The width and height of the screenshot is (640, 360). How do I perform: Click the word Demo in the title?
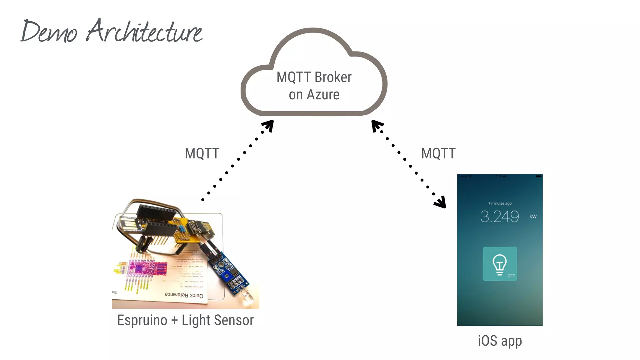pos(48,32)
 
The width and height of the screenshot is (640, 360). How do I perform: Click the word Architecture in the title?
pos(144,31)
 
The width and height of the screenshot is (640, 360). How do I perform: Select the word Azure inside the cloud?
pos(323,95)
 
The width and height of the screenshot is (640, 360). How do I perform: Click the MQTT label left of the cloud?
pos(202,153)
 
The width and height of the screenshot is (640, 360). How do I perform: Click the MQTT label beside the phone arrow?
pos(438,153)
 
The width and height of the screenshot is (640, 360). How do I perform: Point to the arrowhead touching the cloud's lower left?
pos(268,126)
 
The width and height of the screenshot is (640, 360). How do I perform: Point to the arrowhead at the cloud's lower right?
pos(377,126)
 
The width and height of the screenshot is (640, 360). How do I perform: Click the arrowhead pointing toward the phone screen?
pos(441,202)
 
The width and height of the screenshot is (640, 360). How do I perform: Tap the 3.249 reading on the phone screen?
pos(499,216)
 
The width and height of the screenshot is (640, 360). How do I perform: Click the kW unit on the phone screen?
pos(533,216)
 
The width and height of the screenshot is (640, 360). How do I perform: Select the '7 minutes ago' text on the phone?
pos(500,203)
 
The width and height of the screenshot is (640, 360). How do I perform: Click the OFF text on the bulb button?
pos(511,276)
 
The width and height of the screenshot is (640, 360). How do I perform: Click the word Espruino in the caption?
pos(142,320)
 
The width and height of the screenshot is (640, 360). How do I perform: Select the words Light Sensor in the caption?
pos(217,320)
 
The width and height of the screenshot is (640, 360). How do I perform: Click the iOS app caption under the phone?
pos(500,341)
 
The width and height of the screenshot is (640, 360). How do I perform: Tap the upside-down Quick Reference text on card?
pos(184,295)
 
